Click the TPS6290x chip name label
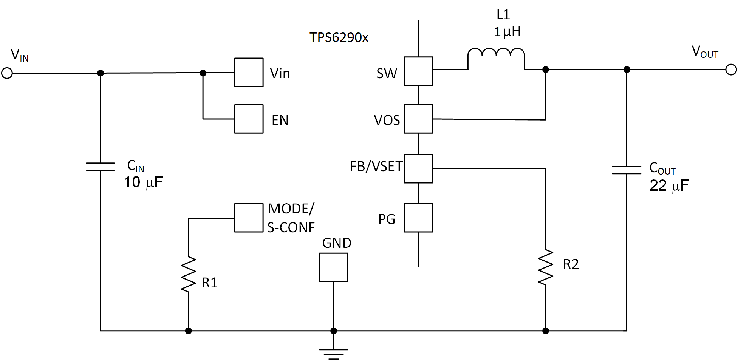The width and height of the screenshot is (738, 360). (x=339, y=37)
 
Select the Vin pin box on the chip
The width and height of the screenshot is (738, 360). (x=249, y=72)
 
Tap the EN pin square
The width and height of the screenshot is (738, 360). (x=249, y=119)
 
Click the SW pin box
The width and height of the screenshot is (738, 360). (x=418, y=71)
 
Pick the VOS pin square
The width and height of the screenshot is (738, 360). (x=418, y=119)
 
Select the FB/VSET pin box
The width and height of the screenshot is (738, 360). (x=418, y=168)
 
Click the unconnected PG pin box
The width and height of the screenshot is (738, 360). (x=418, y=218)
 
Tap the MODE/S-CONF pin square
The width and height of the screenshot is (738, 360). (x=249, y=218)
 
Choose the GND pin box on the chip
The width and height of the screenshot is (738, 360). (x=333, y=267)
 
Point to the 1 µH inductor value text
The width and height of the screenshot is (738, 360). (x=507, y=32)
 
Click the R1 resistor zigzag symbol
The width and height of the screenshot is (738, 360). (x=188, y=275)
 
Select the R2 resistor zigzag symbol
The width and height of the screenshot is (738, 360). (x=545, y=267)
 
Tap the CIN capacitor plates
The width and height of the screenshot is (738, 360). (x=101, y=167)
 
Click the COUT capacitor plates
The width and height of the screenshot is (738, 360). (x=627, y=170)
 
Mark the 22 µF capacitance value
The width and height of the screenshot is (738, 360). (x=669, y=186)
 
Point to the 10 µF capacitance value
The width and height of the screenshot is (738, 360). (x=144, y=182)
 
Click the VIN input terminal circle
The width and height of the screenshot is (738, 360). (x=7, y=73)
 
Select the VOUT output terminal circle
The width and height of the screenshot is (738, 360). (x=731, y=70)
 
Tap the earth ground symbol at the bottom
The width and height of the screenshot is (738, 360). (x=333, y=354)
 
